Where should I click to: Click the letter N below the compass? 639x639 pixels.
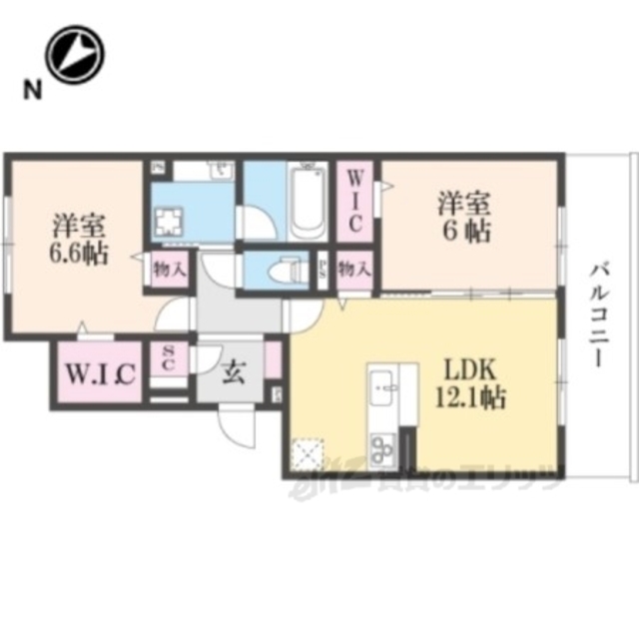pyautogui.click(x=33, y=93)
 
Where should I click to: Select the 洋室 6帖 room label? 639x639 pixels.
pyautogui.click(x=462, y=218)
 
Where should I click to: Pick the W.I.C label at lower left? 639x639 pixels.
pyautogui.click(x=100, y=374)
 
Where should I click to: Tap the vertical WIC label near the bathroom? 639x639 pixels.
pyautogui.click(x=354, y=200)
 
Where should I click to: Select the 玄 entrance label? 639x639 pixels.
pyautogui.click(x=233, y=373)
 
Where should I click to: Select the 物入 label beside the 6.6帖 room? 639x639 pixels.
pyautogui.click(x=168, y=268)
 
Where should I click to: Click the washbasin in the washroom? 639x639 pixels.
pyautogui.click(x=220, y=171)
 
